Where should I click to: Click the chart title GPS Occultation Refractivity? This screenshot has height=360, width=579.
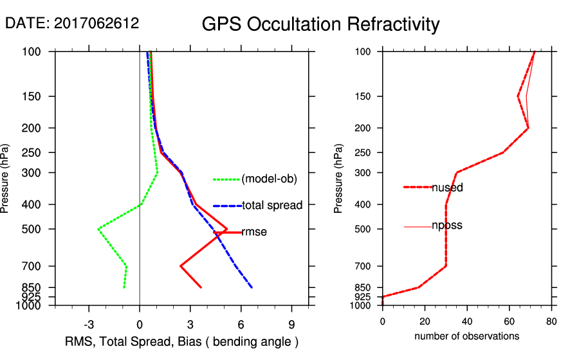coord(320,24)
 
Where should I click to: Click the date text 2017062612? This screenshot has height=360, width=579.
coord(71,24)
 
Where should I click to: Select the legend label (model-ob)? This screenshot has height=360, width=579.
coord(269,179)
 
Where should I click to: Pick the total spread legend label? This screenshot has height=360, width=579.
coord(272,206)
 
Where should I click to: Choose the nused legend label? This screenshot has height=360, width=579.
coord(447,188)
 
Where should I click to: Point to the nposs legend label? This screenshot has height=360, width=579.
coord(447,226)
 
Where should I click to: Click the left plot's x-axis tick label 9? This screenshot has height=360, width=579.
coord(291,324)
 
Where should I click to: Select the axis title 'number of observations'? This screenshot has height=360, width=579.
coord(466,336)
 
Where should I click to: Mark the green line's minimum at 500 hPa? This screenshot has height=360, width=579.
coord(98,229)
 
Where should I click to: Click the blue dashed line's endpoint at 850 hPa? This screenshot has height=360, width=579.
coord(252,287)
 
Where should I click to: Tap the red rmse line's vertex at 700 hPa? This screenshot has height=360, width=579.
coord(181,265)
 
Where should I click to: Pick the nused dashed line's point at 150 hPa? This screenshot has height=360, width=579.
coord(518,96)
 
